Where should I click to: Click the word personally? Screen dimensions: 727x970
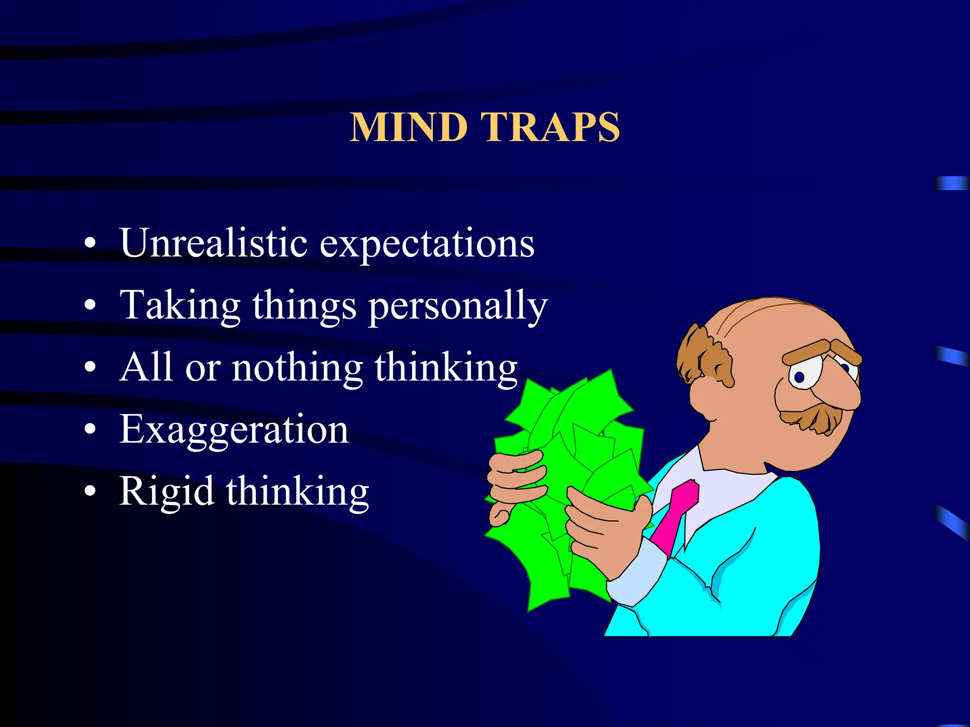[458, 307]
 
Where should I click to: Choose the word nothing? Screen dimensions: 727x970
[297, 368]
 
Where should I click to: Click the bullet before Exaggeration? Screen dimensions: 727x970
[90, 429]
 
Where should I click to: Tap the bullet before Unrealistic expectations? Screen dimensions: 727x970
[90, 243]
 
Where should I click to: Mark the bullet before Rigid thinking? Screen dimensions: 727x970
[90, 491]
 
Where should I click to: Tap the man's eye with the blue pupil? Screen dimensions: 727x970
[801, 376]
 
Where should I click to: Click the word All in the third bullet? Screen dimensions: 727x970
[145, 367]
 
